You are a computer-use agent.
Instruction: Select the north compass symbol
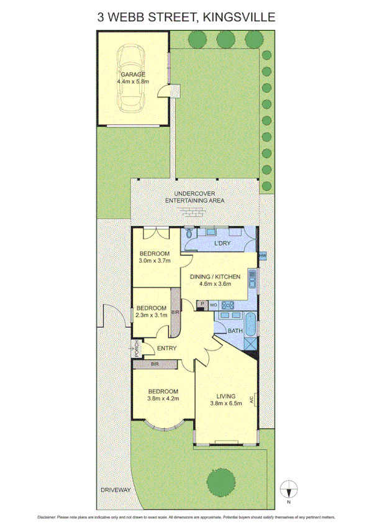pos(289,489)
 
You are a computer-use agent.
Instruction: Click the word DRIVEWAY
pos(116,490)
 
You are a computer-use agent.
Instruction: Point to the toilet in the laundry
pos(191,236)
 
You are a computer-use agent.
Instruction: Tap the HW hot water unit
pos(262,256)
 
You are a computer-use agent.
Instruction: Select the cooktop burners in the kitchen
pos(227,305)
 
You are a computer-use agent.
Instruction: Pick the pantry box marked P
pos(201,305)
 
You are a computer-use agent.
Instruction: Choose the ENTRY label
pos(167,348)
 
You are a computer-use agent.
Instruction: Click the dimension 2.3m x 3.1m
pos(152,315)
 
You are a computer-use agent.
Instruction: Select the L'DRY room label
pos(222,243)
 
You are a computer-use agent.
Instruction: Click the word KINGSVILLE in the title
pos(238,17)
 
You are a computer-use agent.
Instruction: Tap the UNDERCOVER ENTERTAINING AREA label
pos(194,197)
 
